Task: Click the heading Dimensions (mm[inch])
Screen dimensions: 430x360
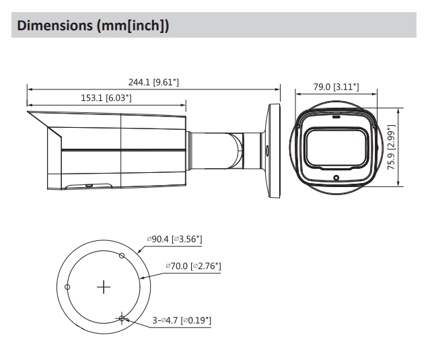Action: point(93,25)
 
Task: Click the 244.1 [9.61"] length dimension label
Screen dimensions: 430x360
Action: point(153,82)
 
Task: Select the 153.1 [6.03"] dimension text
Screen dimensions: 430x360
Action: point(106,98)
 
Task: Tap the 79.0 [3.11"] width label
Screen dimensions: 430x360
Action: point(336,87)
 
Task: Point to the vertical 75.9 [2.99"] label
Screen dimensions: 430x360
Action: point(391,147)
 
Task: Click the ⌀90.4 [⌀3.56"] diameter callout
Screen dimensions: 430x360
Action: point(175,239)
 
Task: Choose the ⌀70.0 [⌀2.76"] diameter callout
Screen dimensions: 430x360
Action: point(193,266)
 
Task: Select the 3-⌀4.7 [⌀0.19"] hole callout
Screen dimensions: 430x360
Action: point(182,320)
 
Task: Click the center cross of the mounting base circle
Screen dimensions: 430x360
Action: point(104,287)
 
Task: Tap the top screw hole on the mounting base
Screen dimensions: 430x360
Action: point(122,256)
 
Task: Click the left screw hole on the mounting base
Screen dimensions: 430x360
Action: point(67,287)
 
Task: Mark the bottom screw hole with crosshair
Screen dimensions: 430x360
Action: point(122,318)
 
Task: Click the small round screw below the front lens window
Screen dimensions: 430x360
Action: point(336,178)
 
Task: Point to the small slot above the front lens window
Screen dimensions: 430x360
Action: point(336,117)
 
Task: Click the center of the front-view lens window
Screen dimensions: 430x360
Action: point(336,148)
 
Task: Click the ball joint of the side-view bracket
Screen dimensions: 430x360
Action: point(236,151)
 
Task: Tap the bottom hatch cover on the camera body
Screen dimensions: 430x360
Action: point(89,186)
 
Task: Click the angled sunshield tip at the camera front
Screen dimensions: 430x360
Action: point(28,112)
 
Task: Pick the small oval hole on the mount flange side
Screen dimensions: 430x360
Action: point(267,151)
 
